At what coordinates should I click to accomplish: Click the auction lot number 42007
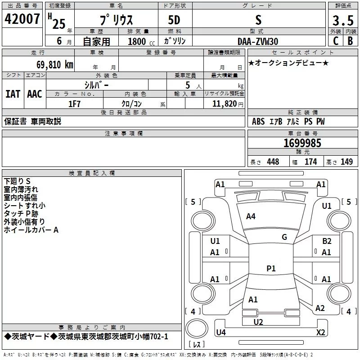click(x=22, y=19)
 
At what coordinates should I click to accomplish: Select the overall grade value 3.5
click(x=343, y=21)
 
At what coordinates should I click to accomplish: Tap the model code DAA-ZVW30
click(x=258, y=41)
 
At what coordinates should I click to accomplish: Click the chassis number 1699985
click(x=302, y=143)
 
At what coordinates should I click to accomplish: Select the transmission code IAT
click(x=13, y=94)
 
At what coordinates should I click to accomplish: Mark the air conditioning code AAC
click(x=35, y=94)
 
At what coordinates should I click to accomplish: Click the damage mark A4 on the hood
click(x=251, y=216)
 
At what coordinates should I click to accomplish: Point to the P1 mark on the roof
click(x=270, y=268)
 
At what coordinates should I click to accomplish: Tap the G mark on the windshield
click(x=284, y=237)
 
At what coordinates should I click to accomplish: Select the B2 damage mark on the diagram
click(x=327, y=241)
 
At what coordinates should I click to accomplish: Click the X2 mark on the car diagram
click(x=321, y=333)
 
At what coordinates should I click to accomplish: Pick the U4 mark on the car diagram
click(x=220, y=333)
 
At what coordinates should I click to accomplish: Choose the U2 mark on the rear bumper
click(x=258, y=322)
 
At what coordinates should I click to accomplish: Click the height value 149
click(x=346, y=162)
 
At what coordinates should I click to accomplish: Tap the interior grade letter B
click(x=350, y=41)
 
